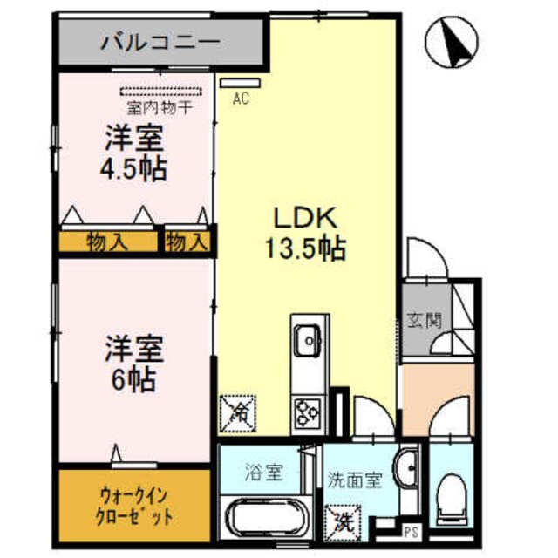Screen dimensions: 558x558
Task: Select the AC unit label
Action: click(241, 99)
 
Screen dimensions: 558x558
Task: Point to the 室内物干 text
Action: click(159, 108)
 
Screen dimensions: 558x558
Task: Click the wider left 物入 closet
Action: click(107, 242)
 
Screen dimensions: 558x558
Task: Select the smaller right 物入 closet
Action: click(187, 242)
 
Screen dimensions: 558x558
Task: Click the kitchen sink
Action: click(308, 339)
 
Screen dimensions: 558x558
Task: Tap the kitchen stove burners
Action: click(308, 409)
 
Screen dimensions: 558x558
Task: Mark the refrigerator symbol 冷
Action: click(236, 412)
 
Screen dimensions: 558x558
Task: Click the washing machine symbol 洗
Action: click(340, 520)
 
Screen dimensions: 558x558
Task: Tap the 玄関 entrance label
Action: click(424, 320)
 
